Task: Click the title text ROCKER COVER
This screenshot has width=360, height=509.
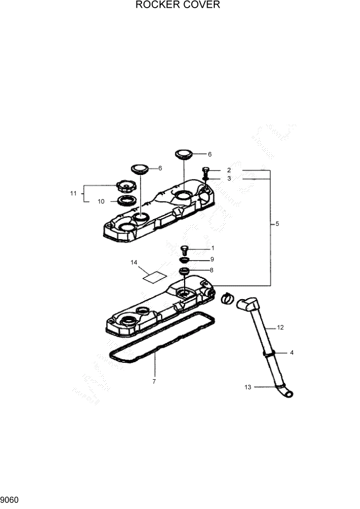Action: coord(177,6)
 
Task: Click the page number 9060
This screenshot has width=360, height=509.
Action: coord(10,499)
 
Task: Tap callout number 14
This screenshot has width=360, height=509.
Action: coord(134,263)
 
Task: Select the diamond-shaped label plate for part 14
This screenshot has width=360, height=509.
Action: coord(154,277)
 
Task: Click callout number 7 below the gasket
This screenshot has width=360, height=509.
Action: coord(154,381)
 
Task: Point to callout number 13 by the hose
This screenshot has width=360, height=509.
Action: coord(248,387)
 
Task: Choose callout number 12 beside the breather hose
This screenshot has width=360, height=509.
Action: coord(280,327)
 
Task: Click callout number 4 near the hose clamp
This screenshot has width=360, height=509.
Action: coord(292,353)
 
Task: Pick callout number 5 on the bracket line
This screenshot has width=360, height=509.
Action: coord(277,224)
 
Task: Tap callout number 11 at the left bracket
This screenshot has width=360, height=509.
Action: coord(73,193)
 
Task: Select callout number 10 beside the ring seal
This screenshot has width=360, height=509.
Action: coord(101,202)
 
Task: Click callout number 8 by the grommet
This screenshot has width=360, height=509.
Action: coord(211,270)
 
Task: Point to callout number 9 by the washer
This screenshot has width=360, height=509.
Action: coord(212,259)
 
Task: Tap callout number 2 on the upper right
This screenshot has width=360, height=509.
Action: coord(229,170)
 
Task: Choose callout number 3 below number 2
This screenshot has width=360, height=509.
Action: coord(229,179)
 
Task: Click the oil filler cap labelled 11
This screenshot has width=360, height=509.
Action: coord(125,185)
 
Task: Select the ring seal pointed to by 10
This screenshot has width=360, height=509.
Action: coord(125,200)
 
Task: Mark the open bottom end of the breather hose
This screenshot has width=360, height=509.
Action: coord(289,394)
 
